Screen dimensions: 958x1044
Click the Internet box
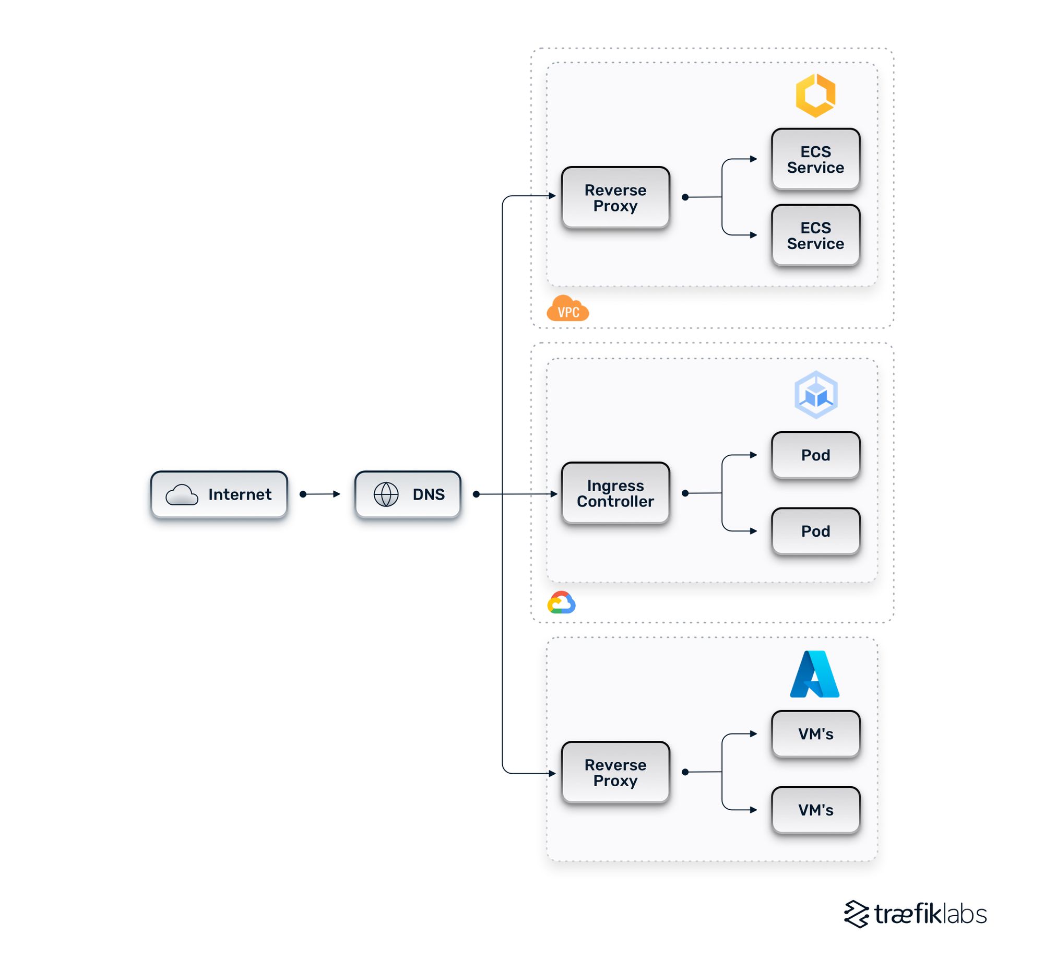pyautogui.click(x=219, y=494)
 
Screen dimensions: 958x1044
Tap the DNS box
pyautogui.click(x=408, y=494)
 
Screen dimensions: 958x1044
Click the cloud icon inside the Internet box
pyautogui.click(x=182, y=494)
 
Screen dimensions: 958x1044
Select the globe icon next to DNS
pyautogui.click(x=386, y=494)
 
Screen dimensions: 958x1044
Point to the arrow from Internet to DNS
pyautogui.click(x=321, y=494)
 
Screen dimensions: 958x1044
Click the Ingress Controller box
pyautogui.click(x=615, y=493)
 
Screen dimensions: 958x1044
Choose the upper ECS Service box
pyautogui.click(x=815, y=159)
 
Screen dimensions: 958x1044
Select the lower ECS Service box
pyautogui.click(x=815, y=235)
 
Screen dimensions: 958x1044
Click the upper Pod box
pyautogui.click(x=815, y=455)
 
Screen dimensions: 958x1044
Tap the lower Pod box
pyautogui.click(x=815, y=531)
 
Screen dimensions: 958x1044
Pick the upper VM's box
pyautogui.click(x=815, y=734)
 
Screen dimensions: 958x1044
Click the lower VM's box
pyautogui.click(x=815, y=810)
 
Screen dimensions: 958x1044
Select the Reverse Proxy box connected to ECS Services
pyautogui.click(x=615, y=197)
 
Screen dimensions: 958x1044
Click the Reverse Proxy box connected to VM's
pyautogui.click(x=615, y=772)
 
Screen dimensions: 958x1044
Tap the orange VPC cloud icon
pyautogui.click(x=567, y=309)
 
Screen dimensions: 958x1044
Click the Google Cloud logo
pyautogui.click(x=561, y=603)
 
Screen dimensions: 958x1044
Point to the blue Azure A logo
pyautogui.click(x=814, y=674)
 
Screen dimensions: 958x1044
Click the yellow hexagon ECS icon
pyautogui.click(x=815, y=95)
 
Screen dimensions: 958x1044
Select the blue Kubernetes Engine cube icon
pyautogui.click(x=816, y=395)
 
